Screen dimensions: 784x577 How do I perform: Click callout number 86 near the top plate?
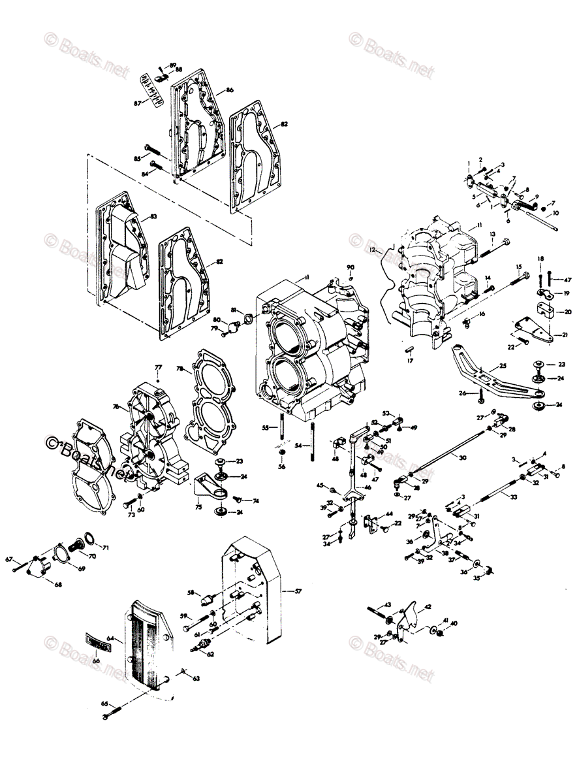230,90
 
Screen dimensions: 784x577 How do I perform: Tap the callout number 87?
138,103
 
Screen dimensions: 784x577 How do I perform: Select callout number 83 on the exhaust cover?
153,216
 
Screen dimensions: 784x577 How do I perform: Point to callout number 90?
350,268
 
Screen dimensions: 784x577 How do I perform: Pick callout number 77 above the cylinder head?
157,369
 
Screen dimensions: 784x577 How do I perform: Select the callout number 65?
103,703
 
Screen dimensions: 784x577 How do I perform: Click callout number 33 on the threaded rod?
514,497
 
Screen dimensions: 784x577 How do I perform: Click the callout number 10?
555,213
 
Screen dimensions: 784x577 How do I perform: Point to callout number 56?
281,466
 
